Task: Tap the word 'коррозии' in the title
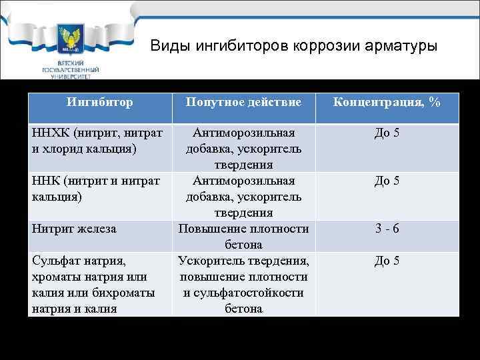pos(321,46)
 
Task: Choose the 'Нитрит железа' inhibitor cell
pos(74,229)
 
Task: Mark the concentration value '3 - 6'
pos(387,229)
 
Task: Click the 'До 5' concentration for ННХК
pos(387,133)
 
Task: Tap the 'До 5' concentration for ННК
pos(387,181)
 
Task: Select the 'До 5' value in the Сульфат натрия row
pos(387,261)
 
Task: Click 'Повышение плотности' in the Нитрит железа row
pos(243,229)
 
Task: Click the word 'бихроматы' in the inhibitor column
pos(125,293)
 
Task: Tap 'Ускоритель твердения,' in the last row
pos(243,261)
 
